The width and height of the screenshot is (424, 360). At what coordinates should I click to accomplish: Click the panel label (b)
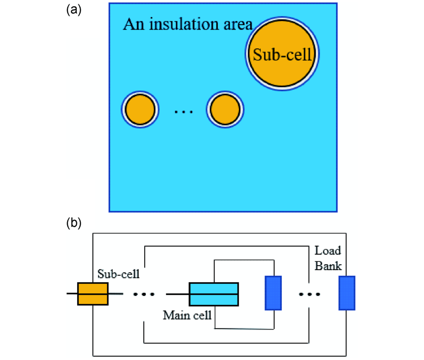[73, 223]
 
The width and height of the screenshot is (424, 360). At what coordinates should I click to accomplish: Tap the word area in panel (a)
[237, 25]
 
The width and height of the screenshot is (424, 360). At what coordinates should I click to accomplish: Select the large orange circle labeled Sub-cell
[282, 55]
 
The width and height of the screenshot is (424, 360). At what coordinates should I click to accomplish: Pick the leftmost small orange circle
[140, 110]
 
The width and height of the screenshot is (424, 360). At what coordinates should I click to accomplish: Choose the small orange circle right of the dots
[225, 110]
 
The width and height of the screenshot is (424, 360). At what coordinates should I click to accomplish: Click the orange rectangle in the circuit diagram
[93, 294]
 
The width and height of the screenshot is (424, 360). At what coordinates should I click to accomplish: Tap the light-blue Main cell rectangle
[214, 294]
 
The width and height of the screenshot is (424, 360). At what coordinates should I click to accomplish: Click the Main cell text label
[187, 316]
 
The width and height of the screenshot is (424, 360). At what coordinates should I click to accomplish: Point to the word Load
[327, 251]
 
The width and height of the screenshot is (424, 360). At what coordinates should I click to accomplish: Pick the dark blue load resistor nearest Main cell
[273, 294]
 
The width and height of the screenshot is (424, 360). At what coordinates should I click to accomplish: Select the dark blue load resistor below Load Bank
[346, 294]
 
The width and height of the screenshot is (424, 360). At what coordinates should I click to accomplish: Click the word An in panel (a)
[131, 25]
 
